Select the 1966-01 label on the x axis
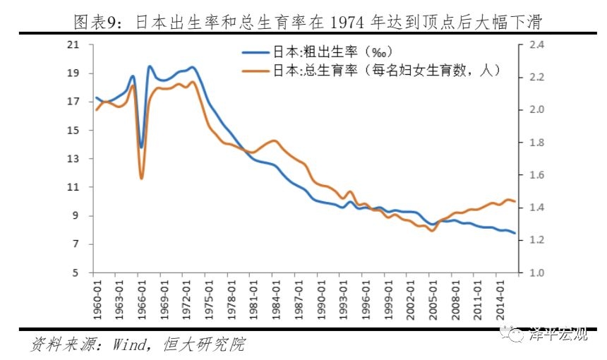(141, 298)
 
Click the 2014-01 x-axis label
(500, 298)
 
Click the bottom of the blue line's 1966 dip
(141, 148)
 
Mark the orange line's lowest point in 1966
(141, 178)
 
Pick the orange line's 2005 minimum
(433, 230)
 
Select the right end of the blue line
(515, 233)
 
